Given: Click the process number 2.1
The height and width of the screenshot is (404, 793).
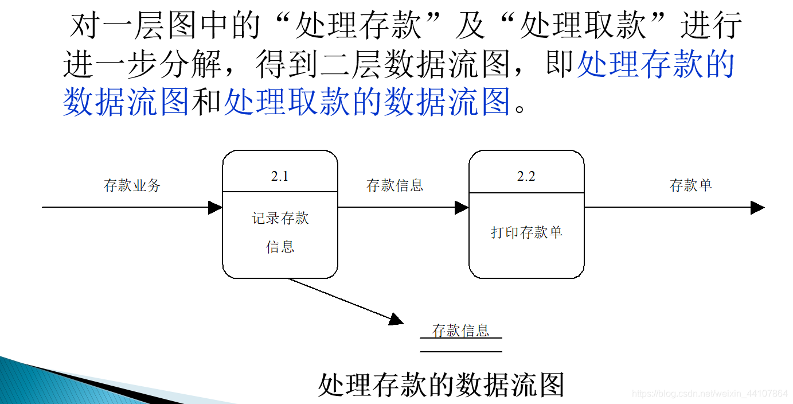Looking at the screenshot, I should click(280, 176).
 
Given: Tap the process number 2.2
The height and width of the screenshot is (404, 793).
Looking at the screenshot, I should click(526, 176).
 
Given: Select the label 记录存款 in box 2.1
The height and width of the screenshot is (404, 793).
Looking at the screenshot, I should click(280, 219).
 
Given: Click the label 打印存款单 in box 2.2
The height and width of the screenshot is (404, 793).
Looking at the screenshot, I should click(526, 232).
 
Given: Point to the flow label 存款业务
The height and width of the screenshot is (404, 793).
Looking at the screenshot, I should click(132, 185).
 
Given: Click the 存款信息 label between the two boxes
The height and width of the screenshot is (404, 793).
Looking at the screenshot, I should click(394, 185).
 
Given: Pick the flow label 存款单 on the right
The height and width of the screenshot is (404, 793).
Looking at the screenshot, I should click(690, 185).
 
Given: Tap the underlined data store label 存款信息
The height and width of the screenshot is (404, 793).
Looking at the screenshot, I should click(460, 331).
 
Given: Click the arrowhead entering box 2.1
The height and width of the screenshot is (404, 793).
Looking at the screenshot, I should click(216, 207).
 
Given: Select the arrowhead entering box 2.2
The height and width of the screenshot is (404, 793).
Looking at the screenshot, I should click(462, 207).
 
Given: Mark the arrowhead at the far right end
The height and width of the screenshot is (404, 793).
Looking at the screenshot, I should click(758, 207).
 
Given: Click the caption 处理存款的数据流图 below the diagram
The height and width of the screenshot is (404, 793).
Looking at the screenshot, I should click(440, 384).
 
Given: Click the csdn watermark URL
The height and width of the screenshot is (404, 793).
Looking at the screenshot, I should click(710, 394).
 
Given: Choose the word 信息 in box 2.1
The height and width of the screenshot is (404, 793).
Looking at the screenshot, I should click(280, 247).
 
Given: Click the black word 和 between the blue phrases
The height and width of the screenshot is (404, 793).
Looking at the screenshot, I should click(206, 102).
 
